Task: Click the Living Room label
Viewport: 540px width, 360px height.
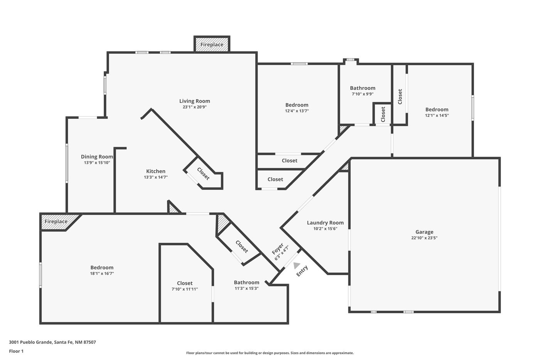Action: click(194, 101)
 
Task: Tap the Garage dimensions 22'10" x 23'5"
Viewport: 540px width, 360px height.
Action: click(424, 238)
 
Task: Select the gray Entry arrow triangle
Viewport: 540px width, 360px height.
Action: click(297, 265)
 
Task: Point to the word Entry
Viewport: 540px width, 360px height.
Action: click(302, 271)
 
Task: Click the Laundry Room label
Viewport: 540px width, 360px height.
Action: click(325, 223)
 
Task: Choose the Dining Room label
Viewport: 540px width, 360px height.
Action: click(97, 157)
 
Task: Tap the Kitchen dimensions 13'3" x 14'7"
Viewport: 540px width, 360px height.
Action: click(156, 177)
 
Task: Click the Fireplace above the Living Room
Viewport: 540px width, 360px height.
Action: click(212, 44)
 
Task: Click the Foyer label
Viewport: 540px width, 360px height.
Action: click(278, 249)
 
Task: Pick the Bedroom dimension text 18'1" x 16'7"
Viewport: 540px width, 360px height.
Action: click(102, 274)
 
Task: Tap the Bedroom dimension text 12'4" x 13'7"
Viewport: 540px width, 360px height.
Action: click(297, 111)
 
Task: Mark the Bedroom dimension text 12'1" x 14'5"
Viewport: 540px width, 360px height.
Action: click(437, 115)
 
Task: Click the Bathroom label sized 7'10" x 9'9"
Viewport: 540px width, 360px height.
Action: click(363, 88)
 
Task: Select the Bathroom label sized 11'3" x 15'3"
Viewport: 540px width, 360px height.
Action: click(246, 282)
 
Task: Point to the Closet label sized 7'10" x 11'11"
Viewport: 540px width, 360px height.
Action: click(185, 283)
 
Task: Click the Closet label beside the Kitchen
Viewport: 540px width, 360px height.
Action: click(203, 174)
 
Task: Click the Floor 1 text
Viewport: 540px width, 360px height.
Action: click(16, 351)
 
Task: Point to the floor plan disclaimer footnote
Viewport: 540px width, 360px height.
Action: click(270, 353)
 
